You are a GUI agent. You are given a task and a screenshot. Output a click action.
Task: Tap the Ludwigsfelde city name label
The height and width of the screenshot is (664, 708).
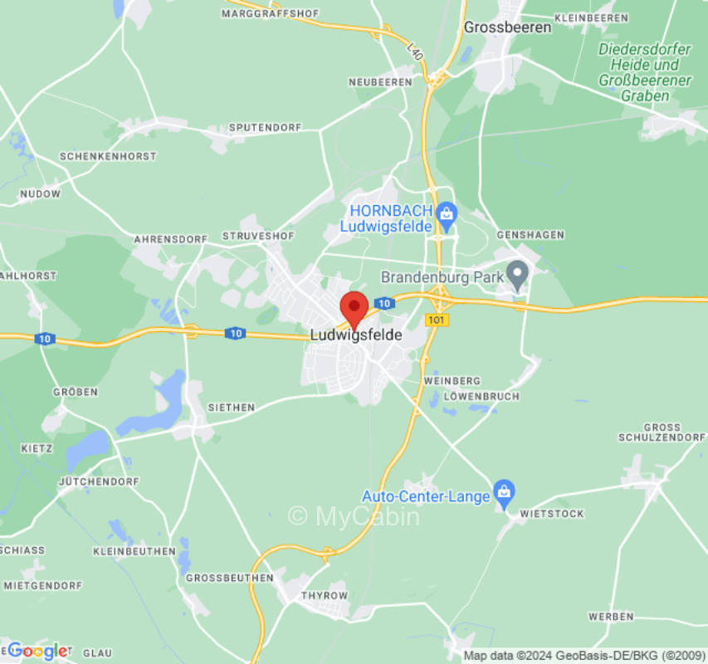click(x=355, y=336)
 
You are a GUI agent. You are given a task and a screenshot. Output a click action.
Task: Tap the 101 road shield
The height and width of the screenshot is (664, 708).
click(x=435, y=320)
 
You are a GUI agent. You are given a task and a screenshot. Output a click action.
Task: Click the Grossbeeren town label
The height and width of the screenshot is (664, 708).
click(x=507, y=27)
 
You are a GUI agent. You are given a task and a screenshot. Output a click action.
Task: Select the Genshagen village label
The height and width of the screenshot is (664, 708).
click(x=530, y=235)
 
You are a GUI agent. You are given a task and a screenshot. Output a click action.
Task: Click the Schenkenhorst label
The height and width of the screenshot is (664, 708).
click(x=108, y=156)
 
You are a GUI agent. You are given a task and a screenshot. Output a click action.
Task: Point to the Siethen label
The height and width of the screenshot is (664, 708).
click(x=232, y=408)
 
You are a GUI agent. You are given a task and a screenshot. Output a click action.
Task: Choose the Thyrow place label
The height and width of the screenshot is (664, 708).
click(x=325, y=596)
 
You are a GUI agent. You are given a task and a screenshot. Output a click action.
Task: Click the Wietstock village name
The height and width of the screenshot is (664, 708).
click(x=552, y=514)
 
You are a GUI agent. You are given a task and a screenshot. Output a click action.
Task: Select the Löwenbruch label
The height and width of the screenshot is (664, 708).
click(x=481, y=397)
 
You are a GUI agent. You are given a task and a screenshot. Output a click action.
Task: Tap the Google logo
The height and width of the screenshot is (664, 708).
click(x=37, y=651)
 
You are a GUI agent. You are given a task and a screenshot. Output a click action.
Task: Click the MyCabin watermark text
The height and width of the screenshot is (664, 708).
click(x=354, y=516)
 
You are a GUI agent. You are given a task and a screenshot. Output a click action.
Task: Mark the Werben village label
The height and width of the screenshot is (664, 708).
click(x=611, y=617)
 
